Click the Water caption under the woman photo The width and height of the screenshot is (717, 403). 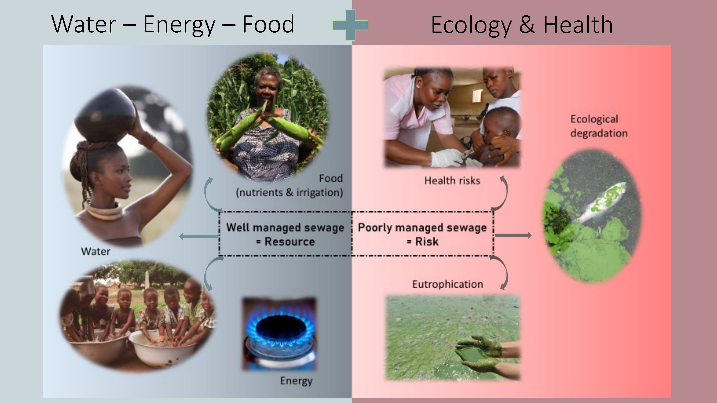pos(96,251)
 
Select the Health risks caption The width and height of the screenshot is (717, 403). pos(452,181)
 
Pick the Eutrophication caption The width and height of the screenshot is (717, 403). pos(447,284)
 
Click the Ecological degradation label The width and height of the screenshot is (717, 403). pos(599,126)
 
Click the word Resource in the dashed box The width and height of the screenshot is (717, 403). pos(289,241)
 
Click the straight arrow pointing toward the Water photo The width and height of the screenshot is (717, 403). pos(199,237)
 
